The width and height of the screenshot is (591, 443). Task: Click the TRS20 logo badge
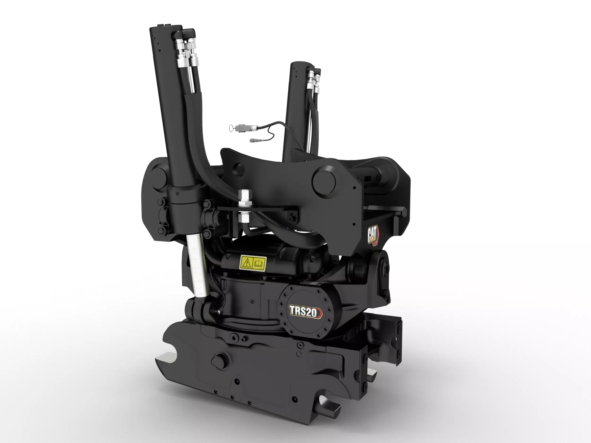[306, 312]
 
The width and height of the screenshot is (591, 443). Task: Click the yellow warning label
[253, 263]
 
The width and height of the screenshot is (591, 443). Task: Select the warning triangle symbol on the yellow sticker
[246, 263]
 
